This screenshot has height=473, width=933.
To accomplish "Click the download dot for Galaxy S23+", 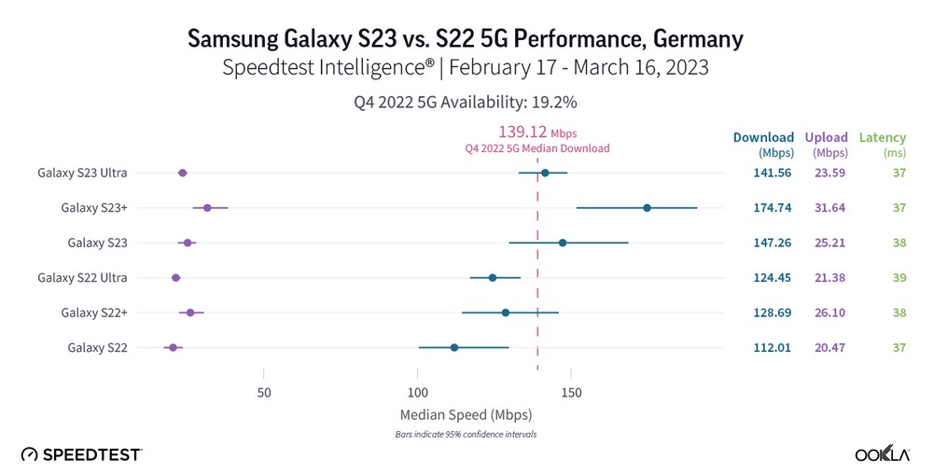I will click(x=647, y=207).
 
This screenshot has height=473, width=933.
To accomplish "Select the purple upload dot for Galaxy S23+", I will click(x=207, y=208).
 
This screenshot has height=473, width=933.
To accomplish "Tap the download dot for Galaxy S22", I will click(x=454, y=347).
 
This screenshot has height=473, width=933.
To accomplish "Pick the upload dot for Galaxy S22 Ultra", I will click(x=175, y=277).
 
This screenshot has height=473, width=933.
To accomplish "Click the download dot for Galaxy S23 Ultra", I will click(x=545, y=173).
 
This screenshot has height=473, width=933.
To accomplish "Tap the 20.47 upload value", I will click(x=829, y=347).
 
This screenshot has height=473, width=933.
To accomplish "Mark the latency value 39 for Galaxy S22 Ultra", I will click(x=898, y=277).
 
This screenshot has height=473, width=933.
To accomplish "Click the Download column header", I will click(x=763, y=137).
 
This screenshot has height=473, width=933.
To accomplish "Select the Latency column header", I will click(x=882, y=137).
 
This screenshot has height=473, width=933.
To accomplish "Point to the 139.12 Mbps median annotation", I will click(x=536, y=133).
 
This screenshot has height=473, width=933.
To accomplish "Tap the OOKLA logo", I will click(x=883, y=454).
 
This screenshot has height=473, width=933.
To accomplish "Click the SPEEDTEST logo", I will click(x=81, y=454).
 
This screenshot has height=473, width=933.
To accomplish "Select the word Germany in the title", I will click(x=689, y=38).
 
